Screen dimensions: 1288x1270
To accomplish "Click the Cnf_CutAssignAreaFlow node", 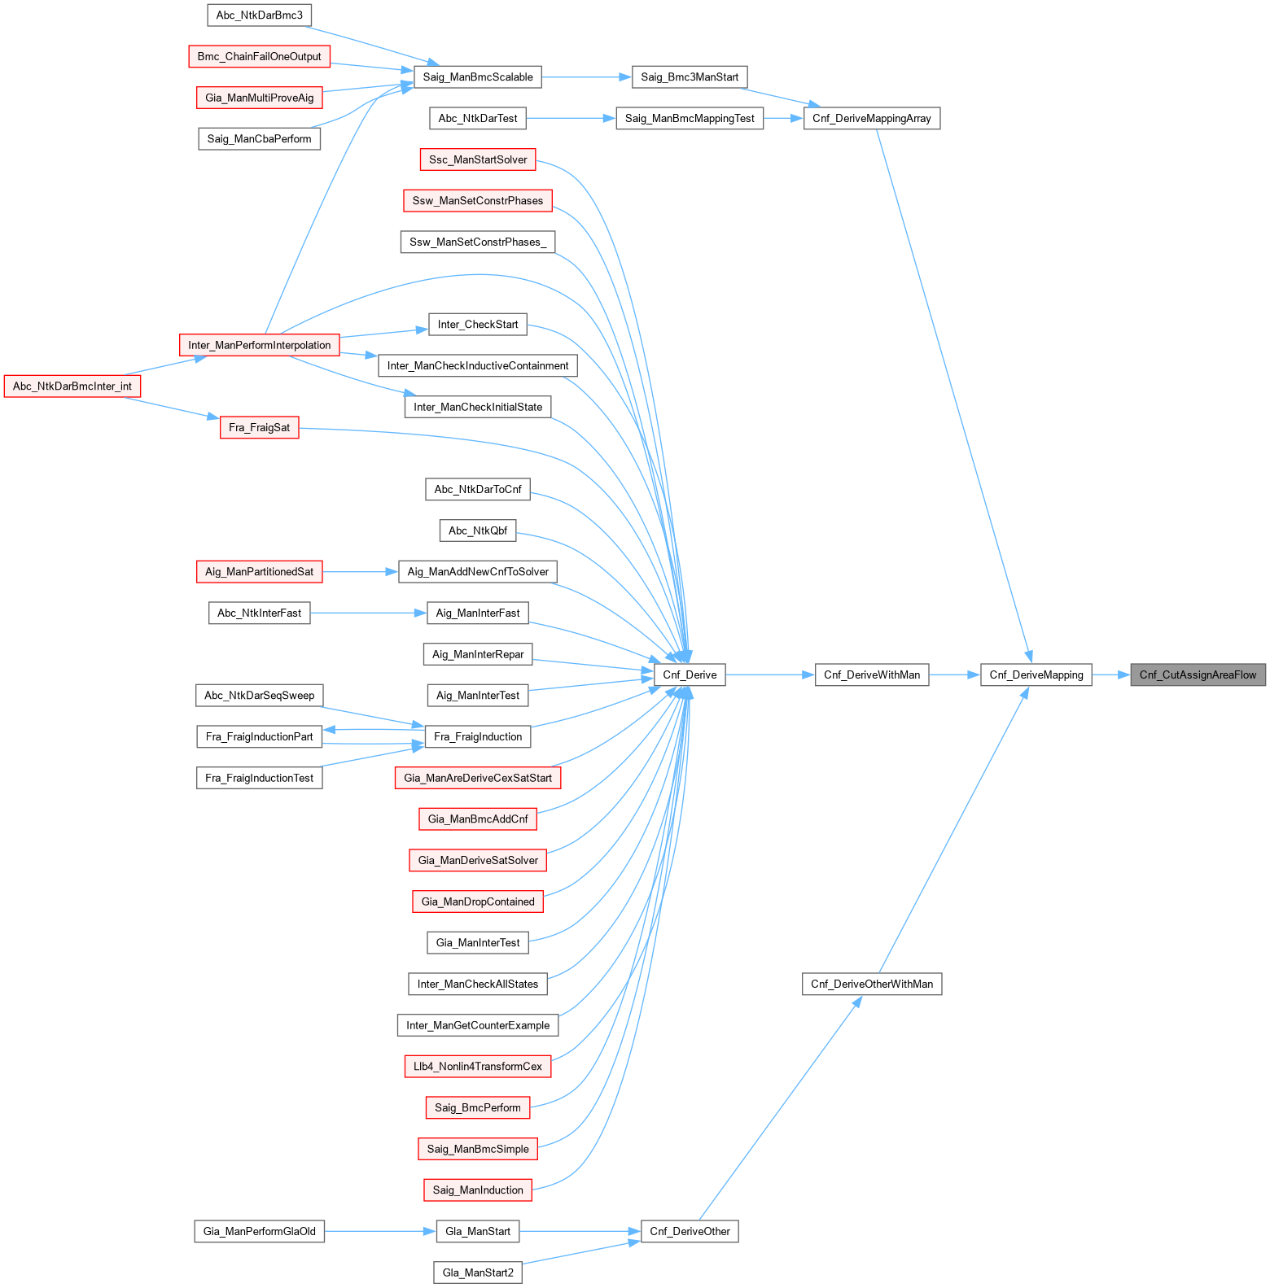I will [1198, 675].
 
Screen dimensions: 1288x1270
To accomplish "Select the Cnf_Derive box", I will [690, 675].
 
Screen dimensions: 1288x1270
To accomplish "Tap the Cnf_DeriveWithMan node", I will [871, 675].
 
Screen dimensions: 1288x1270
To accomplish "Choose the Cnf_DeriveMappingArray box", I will [871, 118].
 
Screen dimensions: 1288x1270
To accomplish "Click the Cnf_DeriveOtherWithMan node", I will [871, 984].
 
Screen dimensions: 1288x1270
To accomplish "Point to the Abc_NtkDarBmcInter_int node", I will [72, 386].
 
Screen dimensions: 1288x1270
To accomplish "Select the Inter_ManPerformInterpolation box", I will [259, 345].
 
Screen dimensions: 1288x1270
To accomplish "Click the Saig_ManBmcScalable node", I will [478, 77].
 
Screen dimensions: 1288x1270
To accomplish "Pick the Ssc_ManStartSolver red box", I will [478, 159].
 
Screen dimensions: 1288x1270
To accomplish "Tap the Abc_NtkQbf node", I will [478, 530].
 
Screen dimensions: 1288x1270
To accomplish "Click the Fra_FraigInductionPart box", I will [259, 736].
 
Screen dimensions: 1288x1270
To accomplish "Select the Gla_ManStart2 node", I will [478, 1273].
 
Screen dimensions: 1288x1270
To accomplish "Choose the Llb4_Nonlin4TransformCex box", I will [478, 1066].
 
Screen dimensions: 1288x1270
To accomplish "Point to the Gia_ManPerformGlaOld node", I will [259, 1231].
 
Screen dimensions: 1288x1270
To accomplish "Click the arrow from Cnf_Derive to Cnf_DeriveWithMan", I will [769, 675].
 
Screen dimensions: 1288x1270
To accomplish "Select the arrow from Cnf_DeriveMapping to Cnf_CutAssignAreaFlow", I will [1110, 675].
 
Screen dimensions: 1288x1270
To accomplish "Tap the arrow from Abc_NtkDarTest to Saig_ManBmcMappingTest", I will [571, 118].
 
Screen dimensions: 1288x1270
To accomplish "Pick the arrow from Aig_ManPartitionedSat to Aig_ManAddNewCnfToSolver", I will [360, 572].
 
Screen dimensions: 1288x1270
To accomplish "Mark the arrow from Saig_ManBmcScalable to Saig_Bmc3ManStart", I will [586, 77].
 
